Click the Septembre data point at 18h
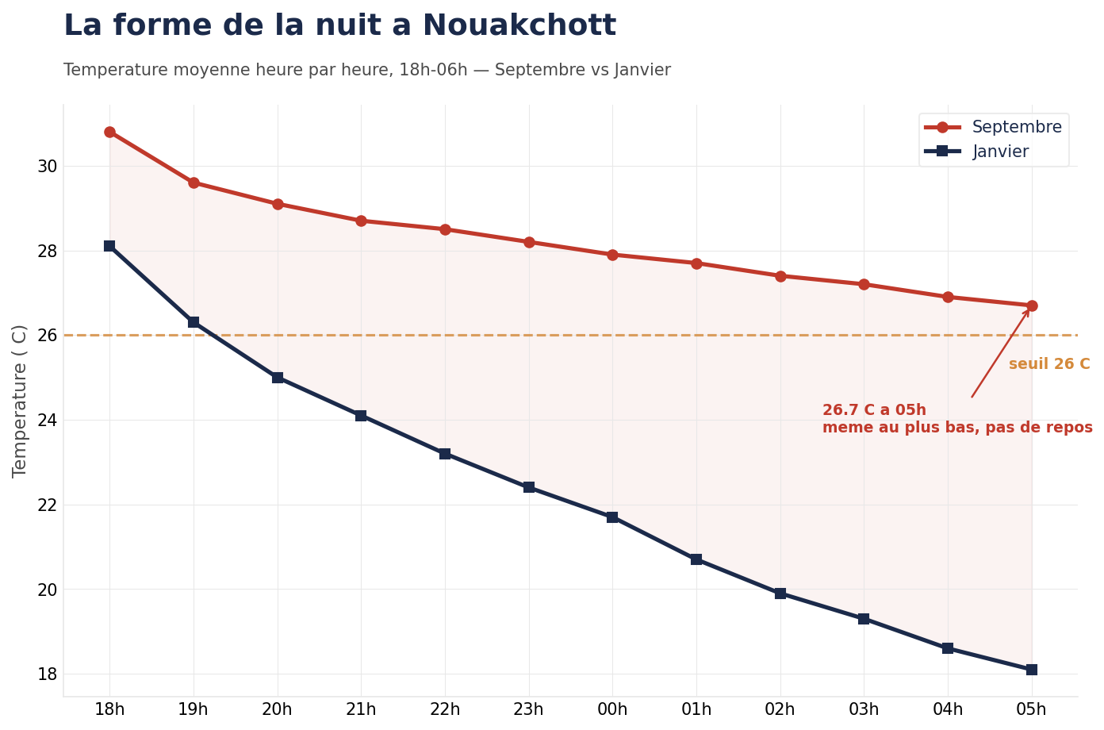[x=109, y=133]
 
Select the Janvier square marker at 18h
[x=109, y=246]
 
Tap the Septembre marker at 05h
[x=1031, y=305]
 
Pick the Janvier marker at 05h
[x=1031, y=670]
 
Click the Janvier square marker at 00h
[x=612, y=517]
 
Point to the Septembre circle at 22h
[x=445, y=229]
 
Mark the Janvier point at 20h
[x=278, y=378]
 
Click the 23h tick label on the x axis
[x=529, y=710]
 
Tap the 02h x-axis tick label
[x=780, y=710]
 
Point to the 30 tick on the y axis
[x=47, y=167]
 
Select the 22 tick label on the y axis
[x=47, y=505]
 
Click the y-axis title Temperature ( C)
[x=20, y=401]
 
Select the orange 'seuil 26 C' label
[x=1048, y=364]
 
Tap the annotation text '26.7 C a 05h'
[x=874, y=410]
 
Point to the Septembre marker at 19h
[x=194, y=183]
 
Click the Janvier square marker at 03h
[x=864, y=619]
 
